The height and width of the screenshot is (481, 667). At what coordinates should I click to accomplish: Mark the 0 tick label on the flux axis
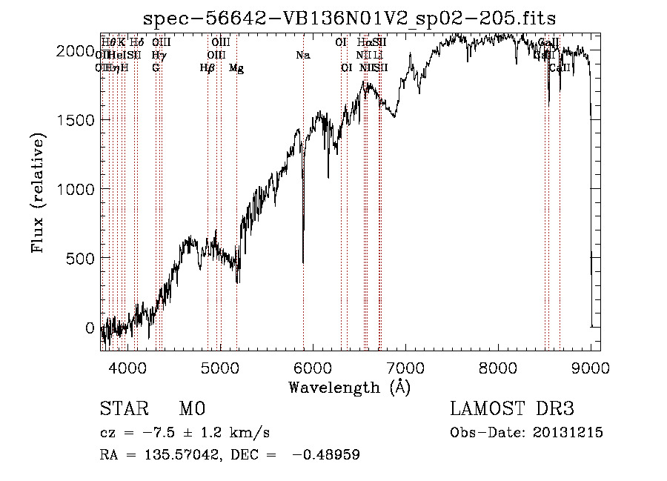(x=89, y=328)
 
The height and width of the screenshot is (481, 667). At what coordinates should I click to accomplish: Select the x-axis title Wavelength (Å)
(x=350, y=387)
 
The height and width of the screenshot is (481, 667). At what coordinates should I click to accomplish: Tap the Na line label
(x=302, y=56)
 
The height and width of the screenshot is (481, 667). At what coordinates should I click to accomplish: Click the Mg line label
(x=236, y=68)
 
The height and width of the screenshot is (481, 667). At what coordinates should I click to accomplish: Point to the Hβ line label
(x=208, y=68)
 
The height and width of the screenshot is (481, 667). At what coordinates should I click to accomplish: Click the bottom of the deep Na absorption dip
(x=302, y=262)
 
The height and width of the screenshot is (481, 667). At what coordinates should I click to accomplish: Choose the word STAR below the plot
(x=124, y=408)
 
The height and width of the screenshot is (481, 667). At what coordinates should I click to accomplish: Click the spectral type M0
(x=191, y=408)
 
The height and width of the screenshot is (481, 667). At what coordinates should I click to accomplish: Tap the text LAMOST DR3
(x=512, y=408)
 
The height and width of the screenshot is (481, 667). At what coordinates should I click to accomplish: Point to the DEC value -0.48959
(x=326, y=455)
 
